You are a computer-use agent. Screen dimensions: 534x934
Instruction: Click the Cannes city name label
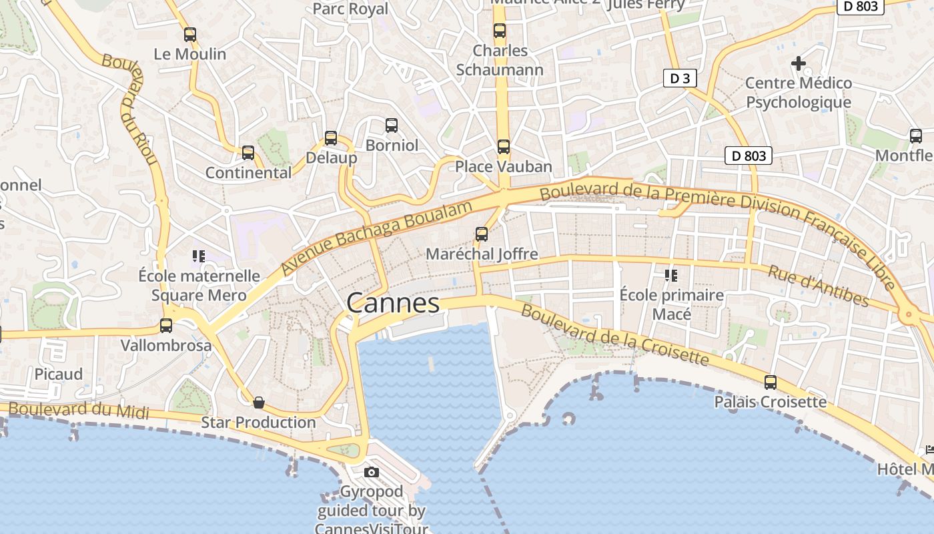(x=393, y=304)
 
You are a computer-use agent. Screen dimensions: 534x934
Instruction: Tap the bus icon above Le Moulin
(x=190, y=35)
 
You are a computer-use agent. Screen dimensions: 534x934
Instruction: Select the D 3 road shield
(x=680, y=79)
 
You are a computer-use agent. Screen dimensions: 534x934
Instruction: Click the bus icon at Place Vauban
(x=504, y=147)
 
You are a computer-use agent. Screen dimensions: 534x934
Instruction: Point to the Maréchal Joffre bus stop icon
(x=482, y=234)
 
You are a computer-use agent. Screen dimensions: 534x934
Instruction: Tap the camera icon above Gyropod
(x=372, y=473)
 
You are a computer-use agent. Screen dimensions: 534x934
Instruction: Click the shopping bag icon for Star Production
(x=259, y=403)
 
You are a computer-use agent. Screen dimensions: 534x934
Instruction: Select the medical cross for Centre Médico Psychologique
(x=799, y=63)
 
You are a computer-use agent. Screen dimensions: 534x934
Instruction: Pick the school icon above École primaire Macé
(x=671, y=275)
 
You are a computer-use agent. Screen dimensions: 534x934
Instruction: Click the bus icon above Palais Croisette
(x=771, y=382)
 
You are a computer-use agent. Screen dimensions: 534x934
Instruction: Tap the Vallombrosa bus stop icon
(x=166, y=326)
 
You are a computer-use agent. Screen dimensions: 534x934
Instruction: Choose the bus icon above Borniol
(x=392, y=125)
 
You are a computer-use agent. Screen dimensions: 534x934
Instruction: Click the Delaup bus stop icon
(x=331, y=138)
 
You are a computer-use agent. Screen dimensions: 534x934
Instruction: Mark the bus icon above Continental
(x=248, y=153)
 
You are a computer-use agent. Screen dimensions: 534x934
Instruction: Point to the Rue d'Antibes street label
(x=818, y=286)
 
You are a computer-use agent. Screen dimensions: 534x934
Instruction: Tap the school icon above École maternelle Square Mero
(x=198, y=256)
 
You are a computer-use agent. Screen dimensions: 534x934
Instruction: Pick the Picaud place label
(x=59, y=374)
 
